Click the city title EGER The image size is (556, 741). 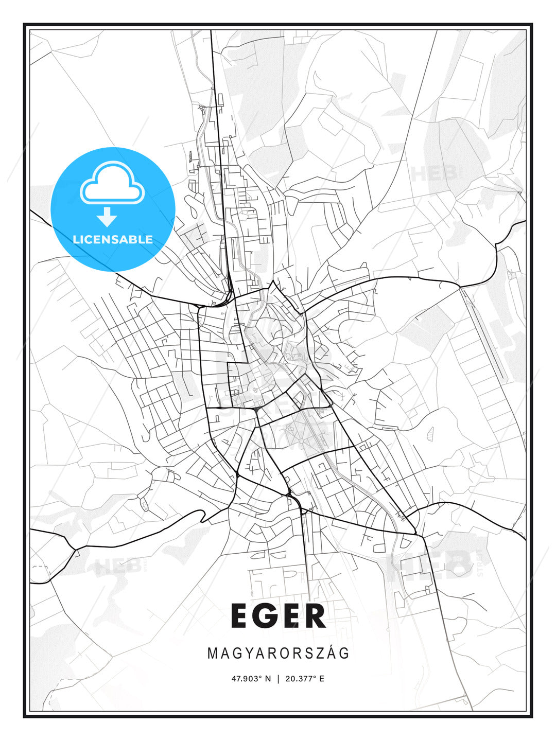pos(278,616)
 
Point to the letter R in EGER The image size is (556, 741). pos(315,616)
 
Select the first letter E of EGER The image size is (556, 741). pos(240,616)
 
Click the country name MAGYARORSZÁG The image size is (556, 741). pos(278,654)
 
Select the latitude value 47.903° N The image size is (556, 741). pos(251,679)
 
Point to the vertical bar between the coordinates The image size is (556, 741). pos(278,679)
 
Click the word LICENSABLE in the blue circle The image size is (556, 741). pos(113,239)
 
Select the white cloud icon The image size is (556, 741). pos(112,182)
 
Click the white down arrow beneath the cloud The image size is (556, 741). pos(107,217)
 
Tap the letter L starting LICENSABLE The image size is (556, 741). pos(76,239)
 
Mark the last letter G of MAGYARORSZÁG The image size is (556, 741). pos(345,654)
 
